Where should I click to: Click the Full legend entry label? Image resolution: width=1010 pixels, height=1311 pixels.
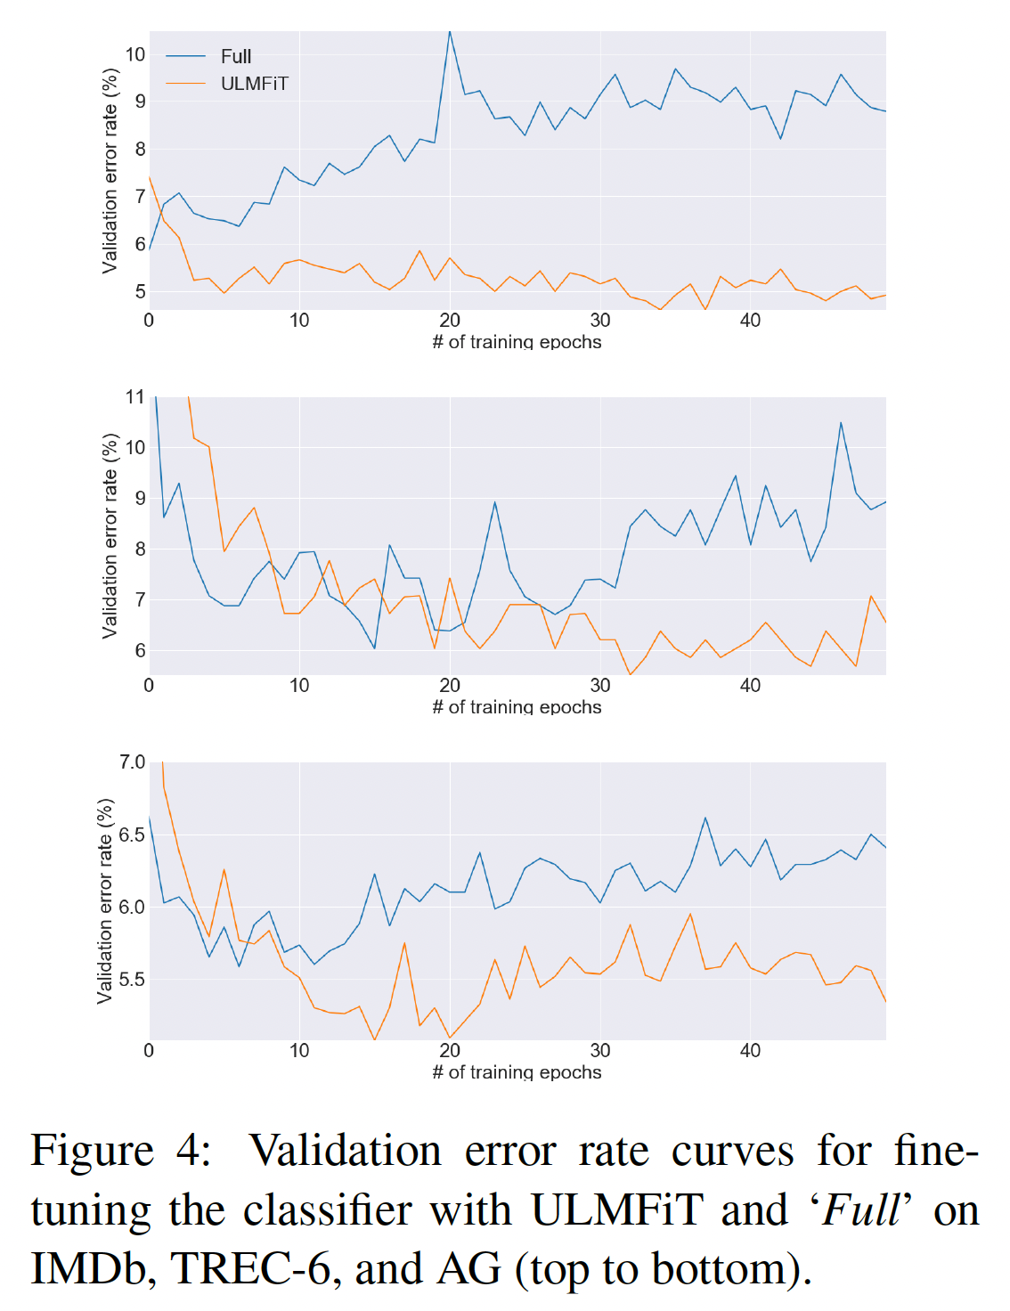[236, 56]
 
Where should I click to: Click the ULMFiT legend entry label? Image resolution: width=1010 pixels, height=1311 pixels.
[254, 84]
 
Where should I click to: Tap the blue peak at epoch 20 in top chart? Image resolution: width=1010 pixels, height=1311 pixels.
[450, 32]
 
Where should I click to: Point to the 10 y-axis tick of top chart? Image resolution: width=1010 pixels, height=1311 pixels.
[134, 54]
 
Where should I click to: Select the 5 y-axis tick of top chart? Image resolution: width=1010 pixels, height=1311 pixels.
[140, 292]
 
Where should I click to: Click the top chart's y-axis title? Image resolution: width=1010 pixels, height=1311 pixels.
[110, 170]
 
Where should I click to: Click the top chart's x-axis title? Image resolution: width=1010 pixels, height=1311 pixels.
[517, 342]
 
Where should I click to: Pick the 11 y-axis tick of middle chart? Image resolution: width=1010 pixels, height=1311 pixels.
[134, 396]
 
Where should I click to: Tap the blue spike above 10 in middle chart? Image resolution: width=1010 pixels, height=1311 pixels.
[841, 423]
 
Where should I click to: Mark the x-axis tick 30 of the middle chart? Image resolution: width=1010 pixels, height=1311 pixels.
[600, 685]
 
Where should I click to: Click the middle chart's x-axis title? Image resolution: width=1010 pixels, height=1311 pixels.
[517, 707]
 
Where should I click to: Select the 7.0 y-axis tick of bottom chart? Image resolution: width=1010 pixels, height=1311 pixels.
[132, 761]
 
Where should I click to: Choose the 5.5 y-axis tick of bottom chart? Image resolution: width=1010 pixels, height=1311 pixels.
[132, 980]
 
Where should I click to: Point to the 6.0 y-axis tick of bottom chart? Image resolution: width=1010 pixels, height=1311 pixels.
[132, 907]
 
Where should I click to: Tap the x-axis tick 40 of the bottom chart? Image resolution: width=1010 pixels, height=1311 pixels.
[750, 1050]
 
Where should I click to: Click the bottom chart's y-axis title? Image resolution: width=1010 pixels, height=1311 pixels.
[105, 900]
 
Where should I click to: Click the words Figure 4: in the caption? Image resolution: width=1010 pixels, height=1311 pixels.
[122, 1151]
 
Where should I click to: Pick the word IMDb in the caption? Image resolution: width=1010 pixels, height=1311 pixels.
[87, 1268]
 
